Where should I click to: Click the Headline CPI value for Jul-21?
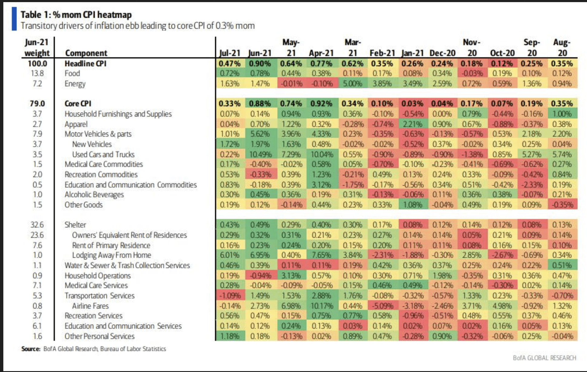point(230,64)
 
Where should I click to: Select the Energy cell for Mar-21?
point(352,84)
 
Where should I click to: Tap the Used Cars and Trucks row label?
point(103,154)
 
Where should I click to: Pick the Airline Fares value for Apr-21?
point(321,306)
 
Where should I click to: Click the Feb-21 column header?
point(382,53)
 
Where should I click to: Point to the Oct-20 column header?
point(502,53)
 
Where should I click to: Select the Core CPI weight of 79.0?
point(37,104)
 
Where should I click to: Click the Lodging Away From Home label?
point(111,255)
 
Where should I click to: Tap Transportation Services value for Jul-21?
point(230,296)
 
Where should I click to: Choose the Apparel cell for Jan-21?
point(412,124)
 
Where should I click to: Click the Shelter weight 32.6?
point(37,225)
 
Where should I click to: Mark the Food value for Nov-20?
point(472,74)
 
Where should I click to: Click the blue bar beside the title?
point(14,19)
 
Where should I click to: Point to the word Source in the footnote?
point(31,349)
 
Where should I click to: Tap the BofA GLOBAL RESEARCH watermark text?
point(544,358)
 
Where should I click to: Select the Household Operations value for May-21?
point(291,276)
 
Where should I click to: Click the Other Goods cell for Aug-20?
point(562,205)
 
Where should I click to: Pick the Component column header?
point(86,53)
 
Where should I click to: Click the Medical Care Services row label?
point(96,286)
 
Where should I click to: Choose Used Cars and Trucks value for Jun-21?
point(260,154)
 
